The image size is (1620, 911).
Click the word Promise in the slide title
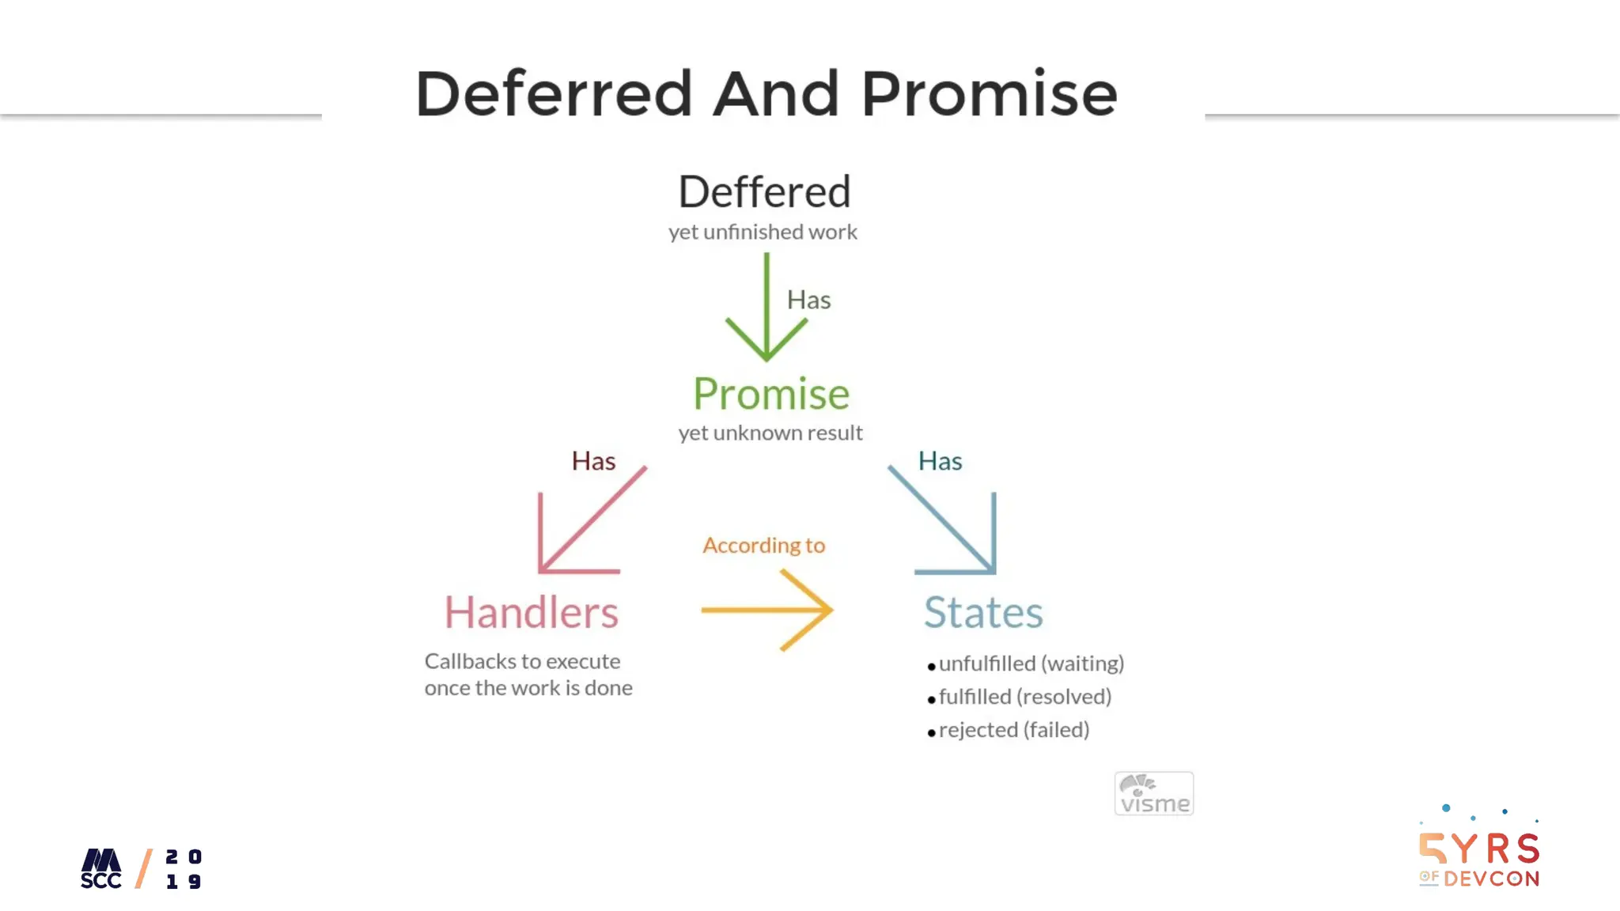[x=989, y=94]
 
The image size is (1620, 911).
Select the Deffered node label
[x=764, y=192]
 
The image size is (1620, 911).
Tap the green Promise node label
[x=771, y=394]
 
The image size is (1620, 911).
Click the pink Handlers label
[x=531, y=612]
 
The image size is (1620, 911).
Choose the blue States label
[x=983, y=612]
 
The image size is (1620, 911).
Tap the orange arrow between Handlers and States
[x=767, y=610]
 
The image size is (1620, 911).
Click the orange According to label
[x=763, y=546]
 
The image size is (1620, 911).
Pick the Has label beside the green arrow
[x=808, y=301]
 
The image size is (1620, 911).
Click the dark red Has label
[x=593, y=461]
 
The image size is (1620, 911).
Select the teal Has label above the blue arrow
[x=940, y=461]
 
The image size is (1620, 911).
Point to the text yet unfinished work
[x=763, y=232]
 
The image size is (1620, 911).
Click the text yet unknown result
[x=770, y=433]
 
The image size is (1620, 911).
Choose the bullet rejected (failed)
[x=1013, y=730]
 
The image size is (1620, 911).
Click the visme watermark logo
[x=1154, y=794]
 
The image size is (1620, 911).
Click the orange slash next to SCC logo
[x=144, y=869]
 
